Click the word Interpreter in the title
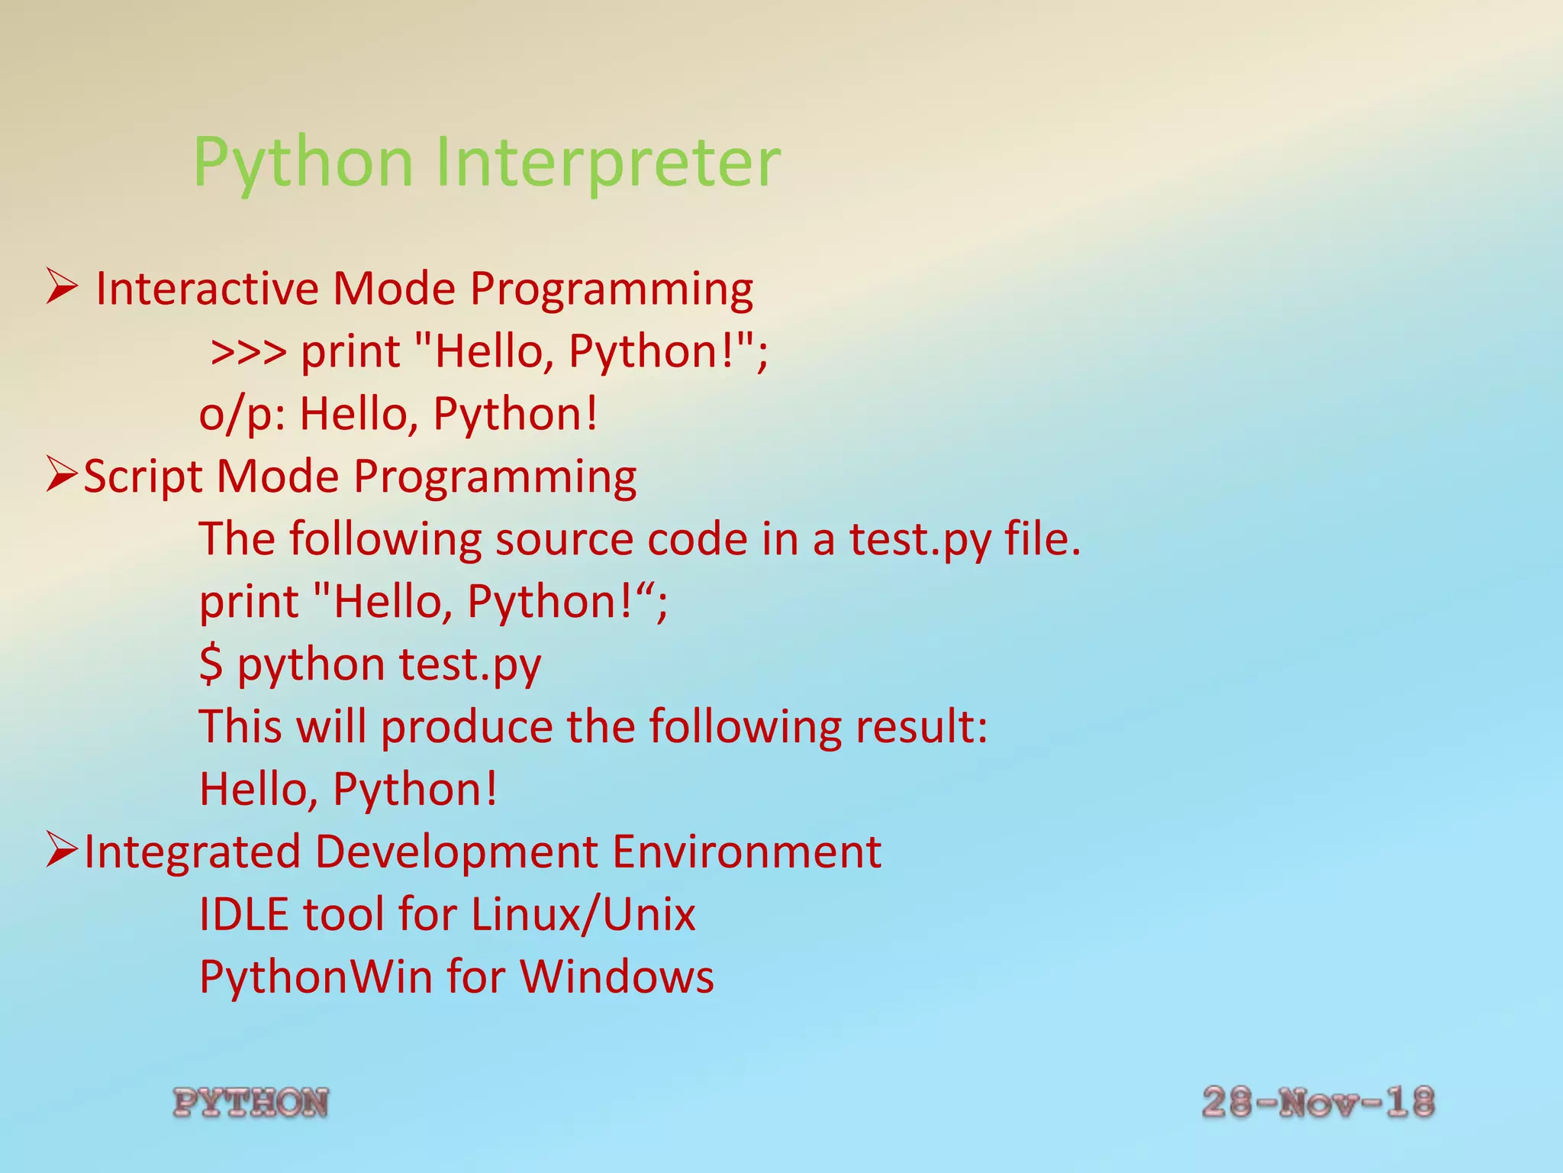607,162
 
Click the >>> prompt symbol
249,352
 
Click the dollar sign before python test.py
211,663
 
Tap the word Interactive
207,289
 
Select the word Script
143,478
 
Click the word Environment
746,851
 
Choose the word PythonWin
315,977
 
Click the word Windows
617,977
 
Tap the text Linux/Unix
583,914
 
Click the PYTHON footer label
251,1103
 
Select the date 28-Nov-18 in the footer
1318,1103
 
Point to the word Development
456,853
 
